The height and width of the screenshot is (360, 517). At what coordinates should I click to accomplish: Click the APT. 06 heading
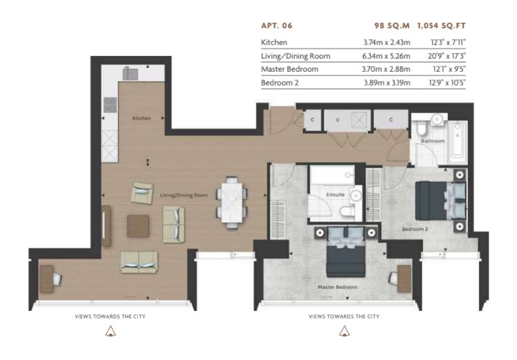277,26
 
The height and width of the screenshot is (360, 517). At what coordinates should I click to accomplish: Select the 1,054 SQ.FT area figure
441,26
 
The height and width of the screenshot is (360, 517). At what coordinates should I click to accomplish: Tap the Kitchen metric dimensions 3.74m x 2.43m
387,43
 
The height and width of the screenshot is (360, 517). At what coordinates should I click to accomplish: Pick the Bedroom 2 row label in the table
280,83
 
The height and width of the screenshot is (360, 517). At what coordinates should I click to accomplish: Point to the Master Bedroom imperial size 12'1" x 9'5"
449,69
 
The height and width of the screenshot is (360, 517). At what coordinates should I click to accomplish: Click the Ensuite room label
335,194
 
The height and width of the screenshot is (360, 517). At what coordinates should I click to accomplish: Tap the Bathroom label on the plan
433,141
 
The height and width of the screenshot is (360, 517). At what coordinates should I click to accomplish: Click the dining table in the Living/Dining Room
232,202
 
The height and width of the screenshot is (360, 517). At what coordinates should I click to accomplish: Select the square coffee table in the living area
138,226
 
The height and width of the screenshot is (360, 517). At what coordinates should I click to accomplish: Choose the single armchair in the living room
142,193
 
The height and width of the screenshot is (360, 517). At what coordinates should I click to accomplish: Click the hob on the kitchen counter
110,105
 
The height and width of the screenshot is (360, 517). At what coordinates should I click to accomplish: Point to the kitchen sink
130,74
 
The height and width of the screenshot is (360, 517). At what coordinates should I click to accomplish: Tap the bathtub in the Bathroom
458,139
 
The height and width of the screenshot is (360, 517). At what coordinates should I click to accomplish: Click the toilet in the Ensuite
347,212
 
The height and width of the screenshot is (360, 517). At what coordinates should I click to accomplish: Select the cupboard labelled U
347,120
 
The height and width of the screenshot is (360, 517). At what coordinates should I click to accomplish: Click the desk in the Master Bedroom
404,279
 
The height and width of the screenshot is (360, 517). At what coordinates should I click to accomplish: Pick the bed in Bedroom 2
440,201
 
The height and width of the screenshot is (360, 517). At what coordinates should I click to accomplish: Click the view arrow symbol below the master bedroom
344,331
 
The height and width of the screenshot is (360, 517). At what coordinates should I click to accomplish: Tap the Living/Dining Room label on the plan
184,195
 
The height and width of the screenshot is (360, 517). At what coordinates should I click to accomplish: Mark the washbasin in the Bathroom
438,119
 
